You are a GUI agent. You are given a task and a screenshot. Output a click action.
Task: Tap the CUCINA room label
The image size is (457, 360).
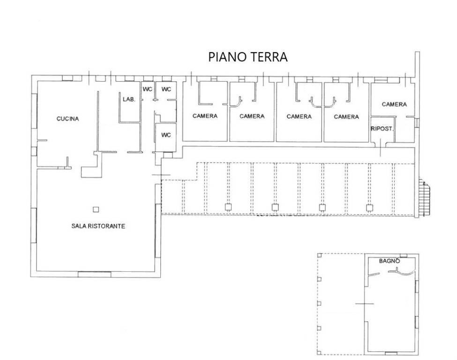click(x=67, y=119)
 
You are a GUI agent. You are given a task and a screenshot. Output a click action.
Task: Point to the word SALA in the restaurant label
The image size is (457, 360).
click(x=79, y=226)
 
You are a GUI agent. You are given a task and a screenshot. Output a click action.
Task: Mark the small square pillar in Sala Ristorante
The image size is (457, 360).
click(x=96, y=209)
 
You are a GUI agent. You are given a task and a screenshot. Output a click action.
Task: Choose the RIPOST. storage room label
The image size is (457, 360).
click(x=382, y=129)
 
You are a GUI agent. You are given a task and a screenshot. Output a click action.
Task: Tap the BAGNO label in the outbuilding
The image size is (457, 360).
click(x=390, y=261)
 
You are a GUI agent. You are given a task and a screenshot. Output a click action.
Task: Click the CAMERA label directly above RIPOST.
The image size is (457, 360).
click(x=394, y=105)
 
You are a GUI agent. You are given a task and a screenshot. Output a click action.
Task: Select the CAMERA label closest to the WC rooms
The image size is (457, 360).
click(x=205, y=116)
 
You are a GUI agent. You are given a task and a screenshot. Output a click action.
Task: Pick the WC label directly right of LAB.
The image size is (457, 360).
click(x=148, y=89)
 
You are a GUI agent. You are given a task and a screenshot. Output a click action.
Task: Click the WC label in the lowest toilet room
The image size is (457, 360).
click(x=166, y=135)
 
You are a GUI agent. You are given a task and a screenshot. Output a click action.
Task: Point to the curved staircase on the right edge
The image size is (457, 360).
click(x=425, y=197)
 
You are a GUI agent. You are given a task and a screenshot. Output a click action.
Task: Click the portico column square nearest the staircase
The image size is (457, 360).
click(x=369, y=208)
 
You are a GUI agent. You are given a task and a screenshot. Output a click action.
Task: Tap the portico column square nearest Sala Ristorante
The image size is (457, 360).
click(x=228, y=208)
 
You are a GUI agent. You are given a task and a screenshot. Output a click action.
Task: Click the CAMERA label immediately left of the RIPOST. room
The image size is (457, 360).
click(x=346, y=117)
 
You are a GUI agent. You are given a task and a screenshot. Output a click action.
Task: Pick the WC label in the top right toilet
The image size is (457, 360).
click(x=166, y=89)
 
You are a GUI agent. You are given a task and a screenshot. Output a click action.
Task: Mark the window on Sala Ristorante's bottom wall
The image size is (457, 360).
click(x=94, y=274)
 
